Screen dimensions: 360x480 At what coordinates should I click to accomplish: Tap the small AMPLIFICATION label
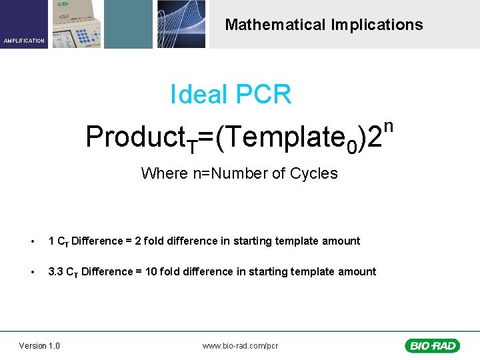coord(24,41)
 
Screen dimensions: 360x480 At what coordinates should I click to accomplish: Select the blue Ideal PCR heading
coord(231,95)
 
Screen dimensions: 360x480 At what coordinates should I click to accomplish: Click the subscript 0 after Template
coord(352,145)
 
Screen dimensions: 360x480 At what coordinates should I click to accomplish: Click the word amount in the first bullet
coord(343,241)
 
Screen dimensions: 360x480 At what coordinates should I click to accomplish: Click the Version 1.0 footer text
coord(39,345)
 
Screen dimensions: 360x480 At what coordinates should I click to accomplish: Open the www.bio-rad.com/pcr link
coord(240,346)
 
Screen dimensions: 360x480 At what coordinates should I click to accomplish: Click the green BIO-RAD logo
coord(431,345)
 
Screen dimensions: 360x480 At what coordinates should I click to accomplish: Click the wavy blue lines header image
coord(181,24)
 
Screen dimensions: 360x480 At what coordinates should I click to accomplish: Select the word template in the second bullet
coord(321,272)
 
